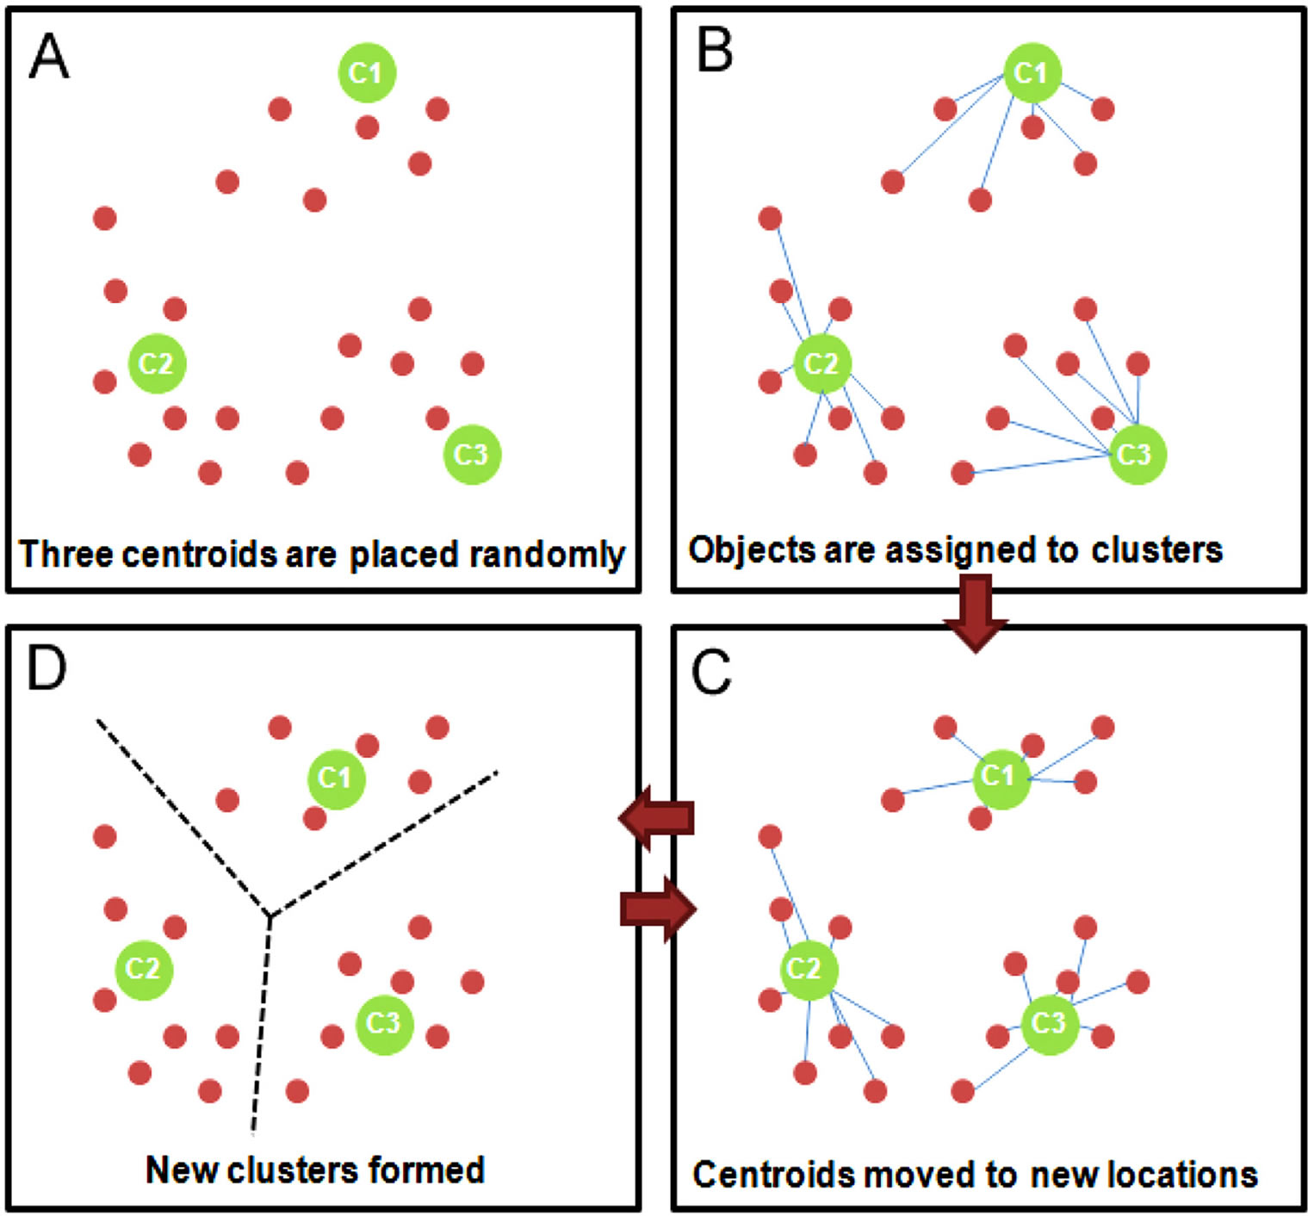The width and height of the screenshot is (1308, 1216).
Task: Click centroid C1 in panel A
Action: click(367, 73)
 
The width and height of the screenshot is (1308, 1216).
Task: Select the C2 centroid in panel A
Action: click(157, 363)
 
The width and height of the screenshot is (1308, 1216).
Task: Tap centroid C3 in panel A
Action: click(472, 454)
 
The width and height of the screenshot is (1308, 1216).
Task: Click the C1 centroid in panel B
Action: click(1032, 73)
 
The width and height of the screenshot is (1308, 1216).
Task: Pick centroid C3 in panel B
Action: click(1137, 454)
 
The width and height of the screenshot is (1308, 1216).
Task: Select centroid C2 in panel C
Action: click(808, 970)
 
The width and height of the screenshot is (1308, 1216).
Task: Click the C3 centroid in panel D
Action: click(384, 1024)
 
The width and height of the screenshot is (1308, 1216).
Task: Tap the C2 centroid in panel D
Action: click(144, 970)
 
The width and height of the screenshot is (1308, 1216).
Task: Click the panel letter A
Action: click(48, 57)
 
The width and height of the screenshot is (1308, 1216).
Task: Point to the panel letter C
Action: click(711, 673)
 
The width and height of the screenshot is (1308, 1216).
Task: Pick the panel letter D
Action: click(46, 667)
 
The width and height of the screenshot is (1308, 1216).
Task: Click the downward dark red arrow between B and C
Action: click(975, 612)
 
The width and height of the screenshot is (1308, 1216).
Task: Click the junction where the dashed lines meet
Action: click(269, 915)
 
